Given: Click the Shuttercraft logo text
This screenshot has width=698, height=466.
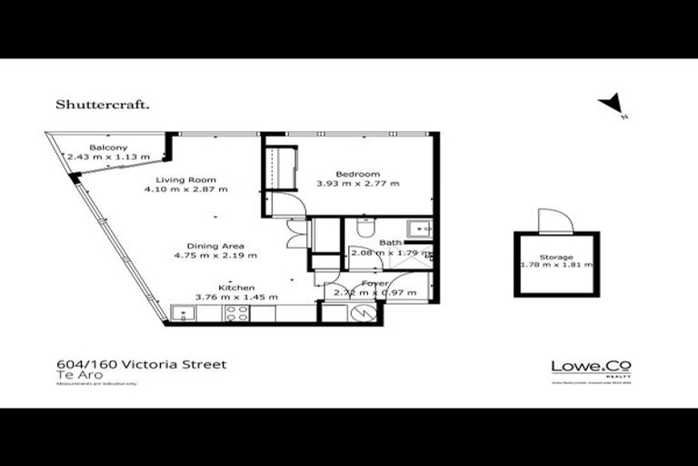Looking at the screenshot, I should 103,104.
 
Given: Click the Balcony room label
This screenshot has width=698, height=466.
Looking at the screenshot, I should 108,147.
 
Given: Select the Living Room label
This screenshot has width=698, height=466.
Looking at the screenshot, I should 185,179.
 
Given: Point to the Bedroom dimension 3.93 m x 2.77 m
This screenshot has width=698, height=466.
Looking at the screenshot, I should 357,184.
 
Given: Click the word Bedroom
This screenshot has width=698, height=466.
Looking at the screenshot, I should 357,174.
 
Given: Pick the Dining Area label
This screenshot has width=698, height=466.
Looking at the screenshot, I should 214,247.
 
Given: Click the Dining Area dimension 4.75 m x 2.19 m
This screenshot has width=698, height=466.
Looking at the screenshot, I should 214,256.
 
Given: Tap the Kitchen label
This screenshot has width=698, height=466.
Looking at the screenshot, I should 235,288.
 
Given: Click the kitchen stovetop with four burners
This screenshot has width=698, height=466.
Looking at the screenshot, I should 237,313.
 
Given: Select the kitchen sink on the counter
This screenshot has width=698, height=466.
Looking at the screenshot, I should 184,313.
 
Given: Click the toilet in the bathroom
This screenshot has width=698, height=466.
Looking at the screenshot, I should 366,226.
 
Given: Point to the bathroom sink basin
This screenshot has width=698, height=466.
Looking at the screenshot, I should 419,228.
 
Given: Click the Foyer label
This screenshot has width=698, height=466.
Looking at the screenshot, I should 375,283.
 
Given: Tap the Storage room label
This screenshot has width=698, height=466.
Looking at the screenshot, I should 556,257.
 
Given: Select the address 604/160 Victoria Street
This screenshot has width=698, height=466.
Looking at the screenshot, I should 141,364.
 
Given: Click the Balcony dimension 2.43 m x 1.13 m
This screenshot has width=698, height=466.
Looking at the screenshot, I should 108,157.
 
